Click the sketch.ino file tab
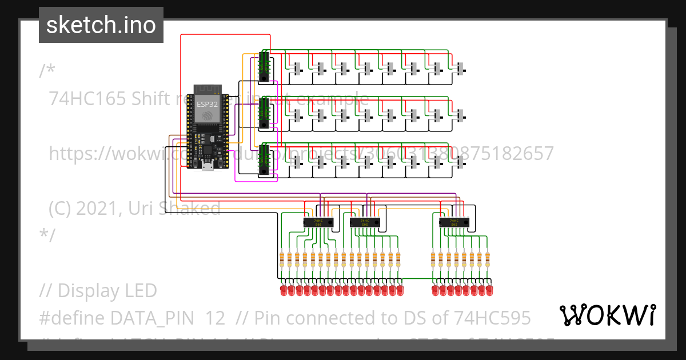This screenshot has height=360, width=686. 101,25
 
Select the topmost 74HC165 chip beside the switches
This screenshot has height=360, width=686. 264,66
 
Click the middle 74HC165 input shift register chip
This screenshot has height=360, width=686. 264,113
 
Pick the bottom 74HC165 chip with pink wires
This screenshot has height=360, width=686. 264,159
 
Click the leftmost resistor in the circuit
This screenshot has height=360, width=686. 281,259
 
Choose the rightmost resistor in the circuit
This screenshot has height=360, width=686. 488,259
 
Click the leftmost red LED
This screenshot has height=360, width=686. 283,291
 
